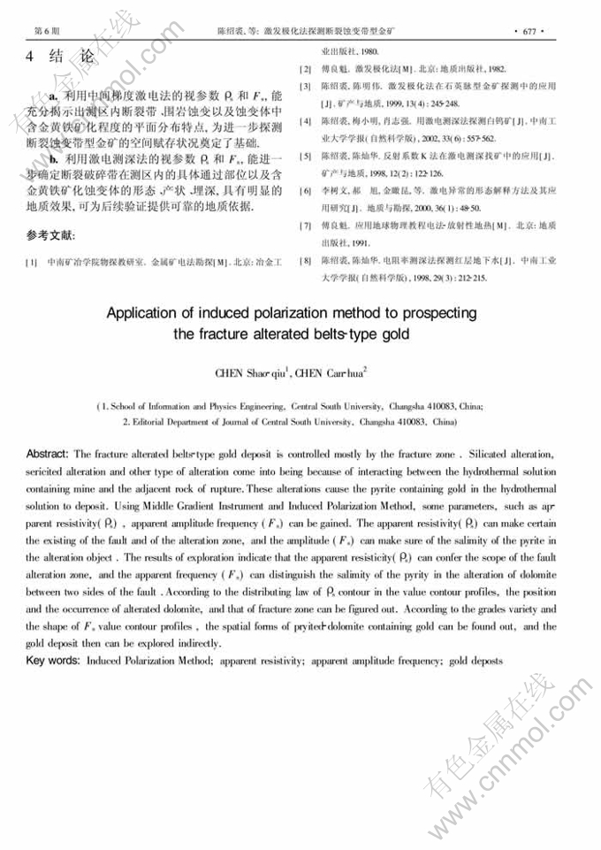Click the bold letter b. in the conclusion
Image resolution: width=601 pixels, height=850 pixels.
click(x=54, y=158)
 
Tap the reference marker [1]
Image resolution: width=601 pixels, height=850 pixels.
click(x=32, y=262)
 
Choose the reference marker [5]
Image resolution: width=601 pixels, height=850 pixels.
click(x=306, y=156)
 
